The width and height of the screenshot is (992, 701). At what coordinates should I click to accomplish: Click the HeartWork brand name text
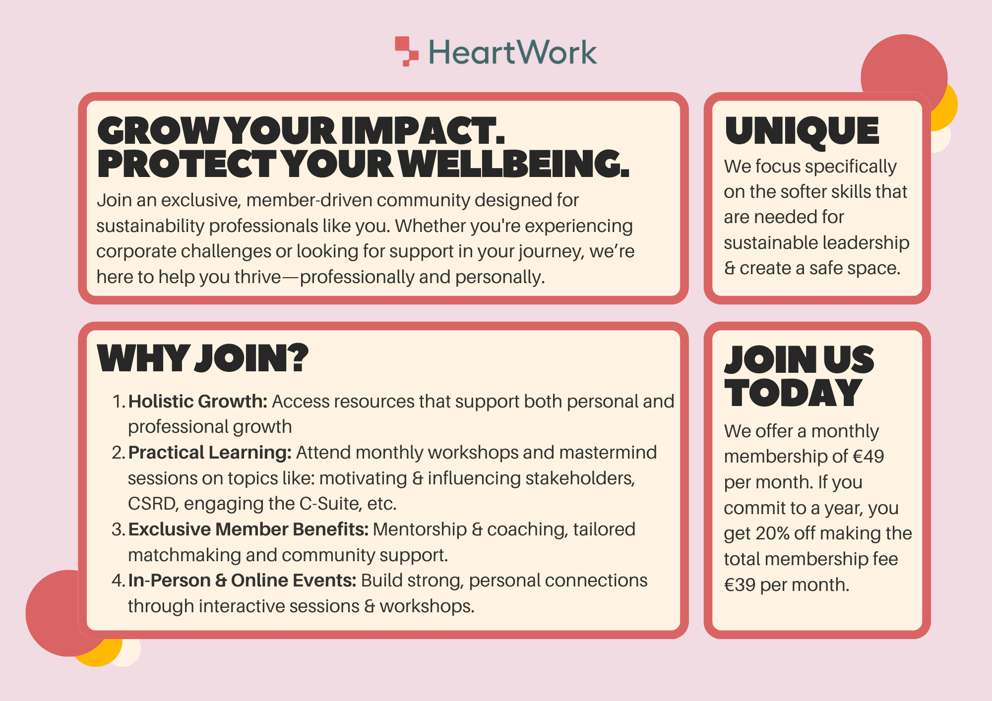[x=512, y=53]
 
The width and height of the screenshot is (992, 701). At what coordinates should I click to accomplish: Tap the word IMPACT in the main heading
[x=423, y=131]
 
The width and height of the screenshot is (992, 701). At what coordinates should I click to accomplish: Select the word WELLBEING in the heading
[x=514, y=164]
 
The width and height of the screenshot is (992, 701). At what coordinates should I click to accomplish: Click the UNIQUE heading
[x=802, y=131]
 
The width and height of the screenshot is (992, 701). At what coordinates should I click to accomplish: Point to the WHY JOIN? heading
[x=203, y=358]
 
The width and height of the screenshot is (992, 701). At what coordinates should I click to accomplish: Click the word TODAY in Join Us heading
[x=793, y=393]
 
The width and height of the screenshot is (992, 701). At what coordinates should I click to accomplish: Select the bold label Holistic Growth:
[x=198, y=401]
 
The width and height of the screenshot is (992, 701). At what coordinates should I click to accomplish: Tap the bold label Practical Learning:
[x=210, y=453]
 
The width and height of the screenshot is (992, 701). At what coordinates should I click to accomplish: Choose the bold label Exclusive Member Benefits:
[x=248, y=529]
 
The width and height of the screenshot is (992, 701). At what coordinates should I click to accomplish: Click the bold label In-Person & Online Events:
[x=242, y=581]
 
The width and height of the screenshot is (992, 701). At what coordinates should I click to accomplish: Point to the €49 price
[x=868, y=457]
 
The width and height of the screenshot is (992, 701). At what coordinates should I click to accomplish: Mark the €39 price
[x=740, y=585]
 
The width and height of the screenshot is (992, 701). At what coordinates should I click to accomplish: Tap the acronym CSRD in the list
[x=153, y=504]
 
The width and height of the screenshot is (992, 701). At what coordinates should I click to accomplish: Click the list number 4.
[x=118, y=581]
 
